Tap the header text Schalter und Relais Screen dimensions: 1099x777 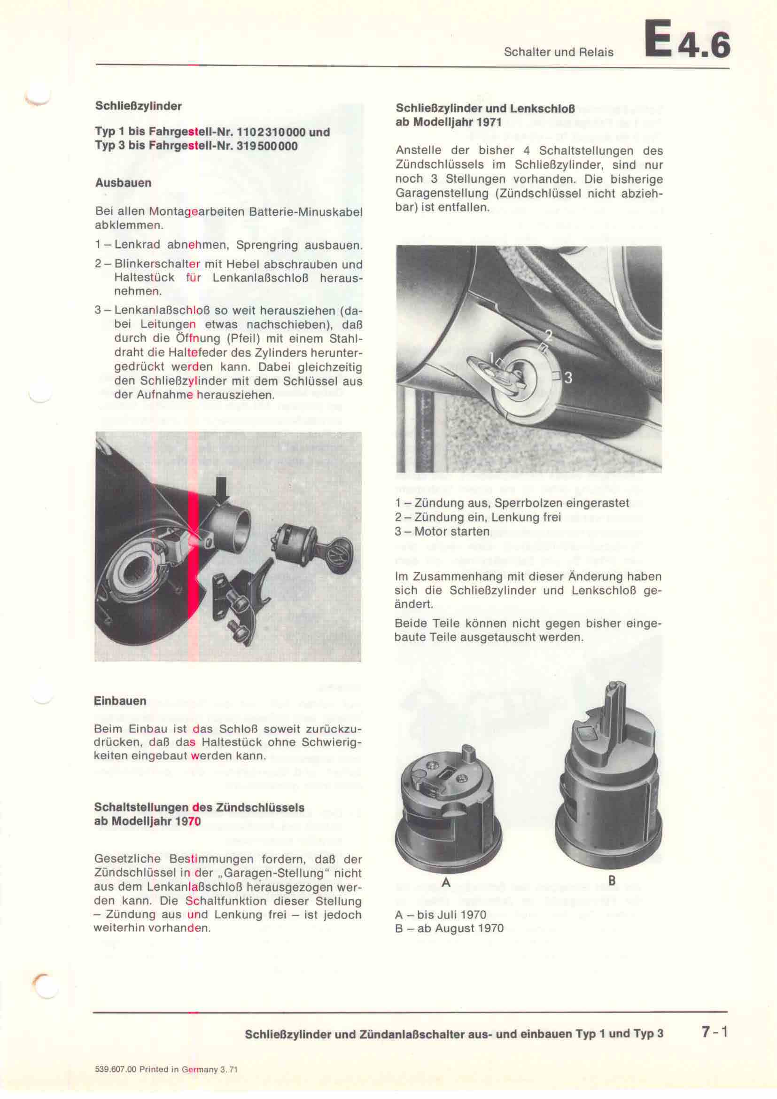click(559, 52)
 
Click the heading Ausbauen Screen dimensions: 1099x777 click(123, 183)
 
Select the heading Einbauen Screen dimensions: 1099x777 click(120, 701)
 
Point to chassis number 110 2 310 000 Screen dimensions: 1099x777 click(271, 132)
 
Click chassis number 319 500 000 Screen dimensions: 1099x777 click(267, 146)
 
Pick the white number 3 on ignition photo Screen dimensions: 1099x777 click(568, 378)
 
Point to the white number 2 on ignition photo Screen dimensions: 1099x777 click(549, 335)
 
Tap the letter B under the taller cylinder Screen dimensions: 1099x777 click(612, 880)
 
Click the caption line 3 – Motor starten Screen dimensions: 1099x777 click(443, 531)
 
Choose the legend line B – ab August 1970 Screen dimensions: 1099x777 click(449, 928)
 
